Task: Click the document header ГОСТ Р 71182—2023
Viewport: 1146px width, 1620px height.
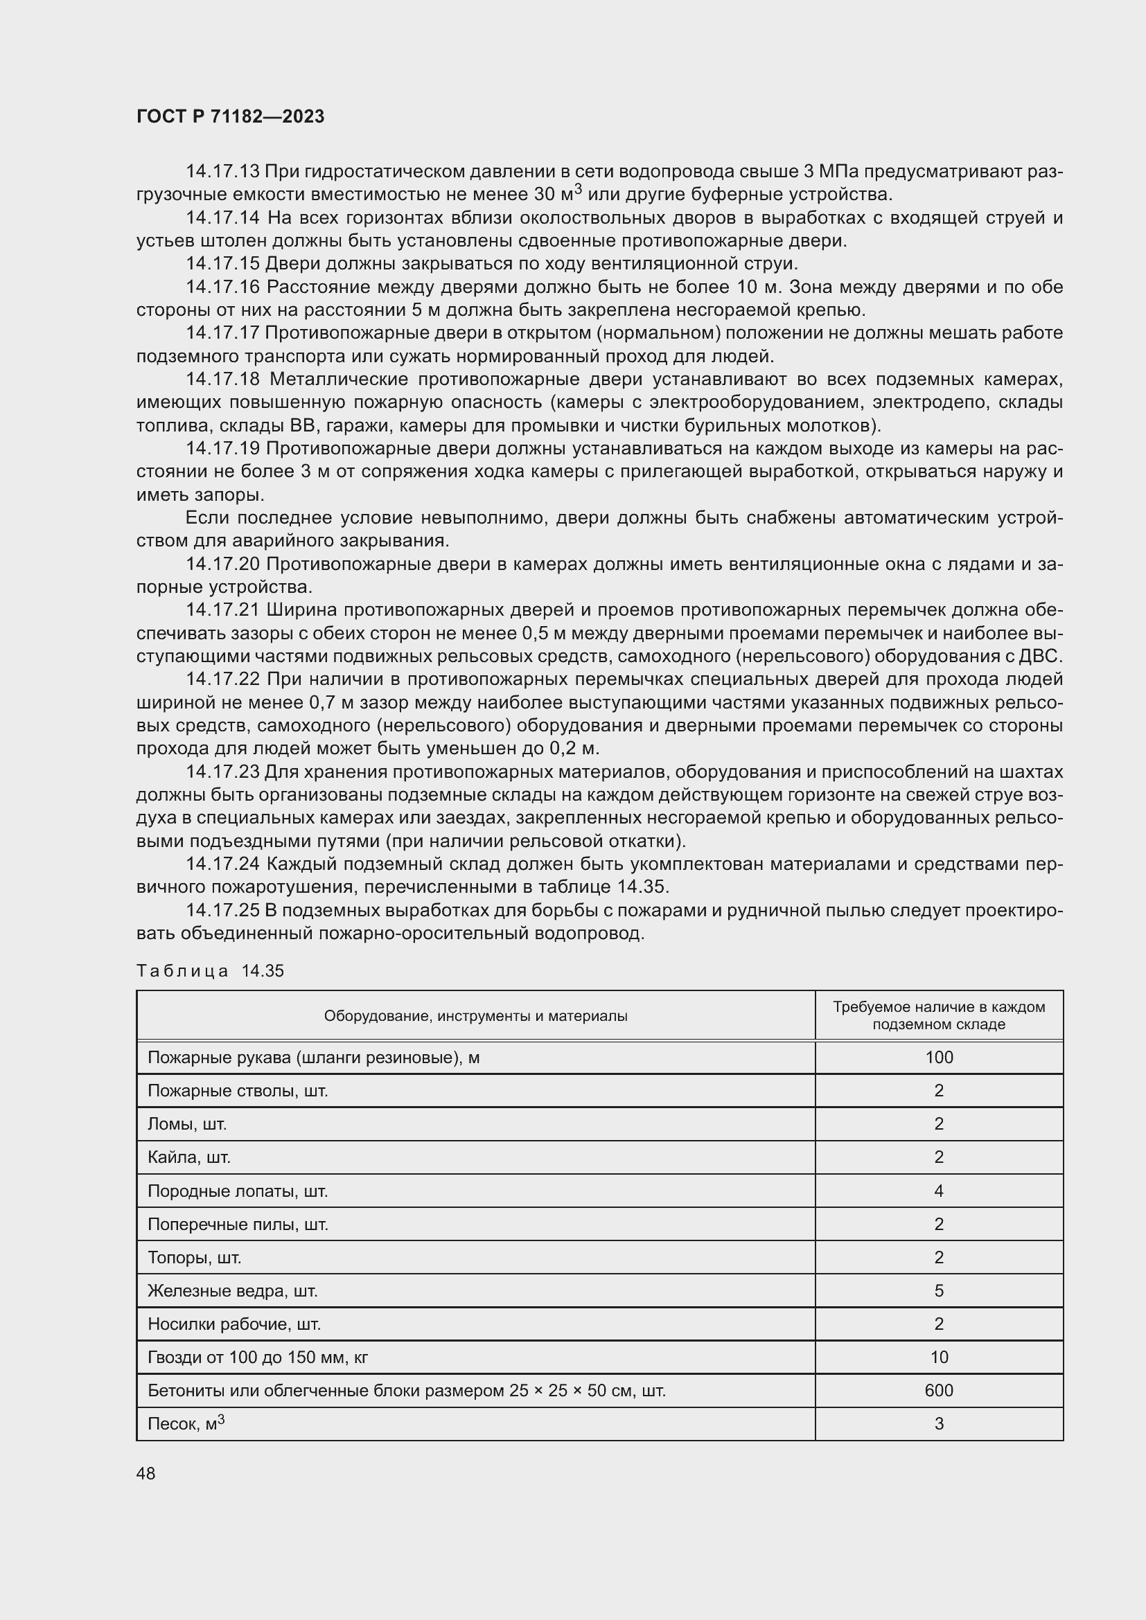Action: point(230,116)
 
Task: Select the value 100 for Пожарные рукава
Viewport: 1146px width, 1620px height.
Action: point(939,1058)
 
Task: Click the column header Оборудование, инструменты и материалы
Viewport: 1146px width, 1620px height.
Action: point(475,1016)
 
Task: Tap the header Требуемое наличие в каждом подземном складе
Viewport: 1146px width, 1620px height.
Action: point(939,1016)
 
